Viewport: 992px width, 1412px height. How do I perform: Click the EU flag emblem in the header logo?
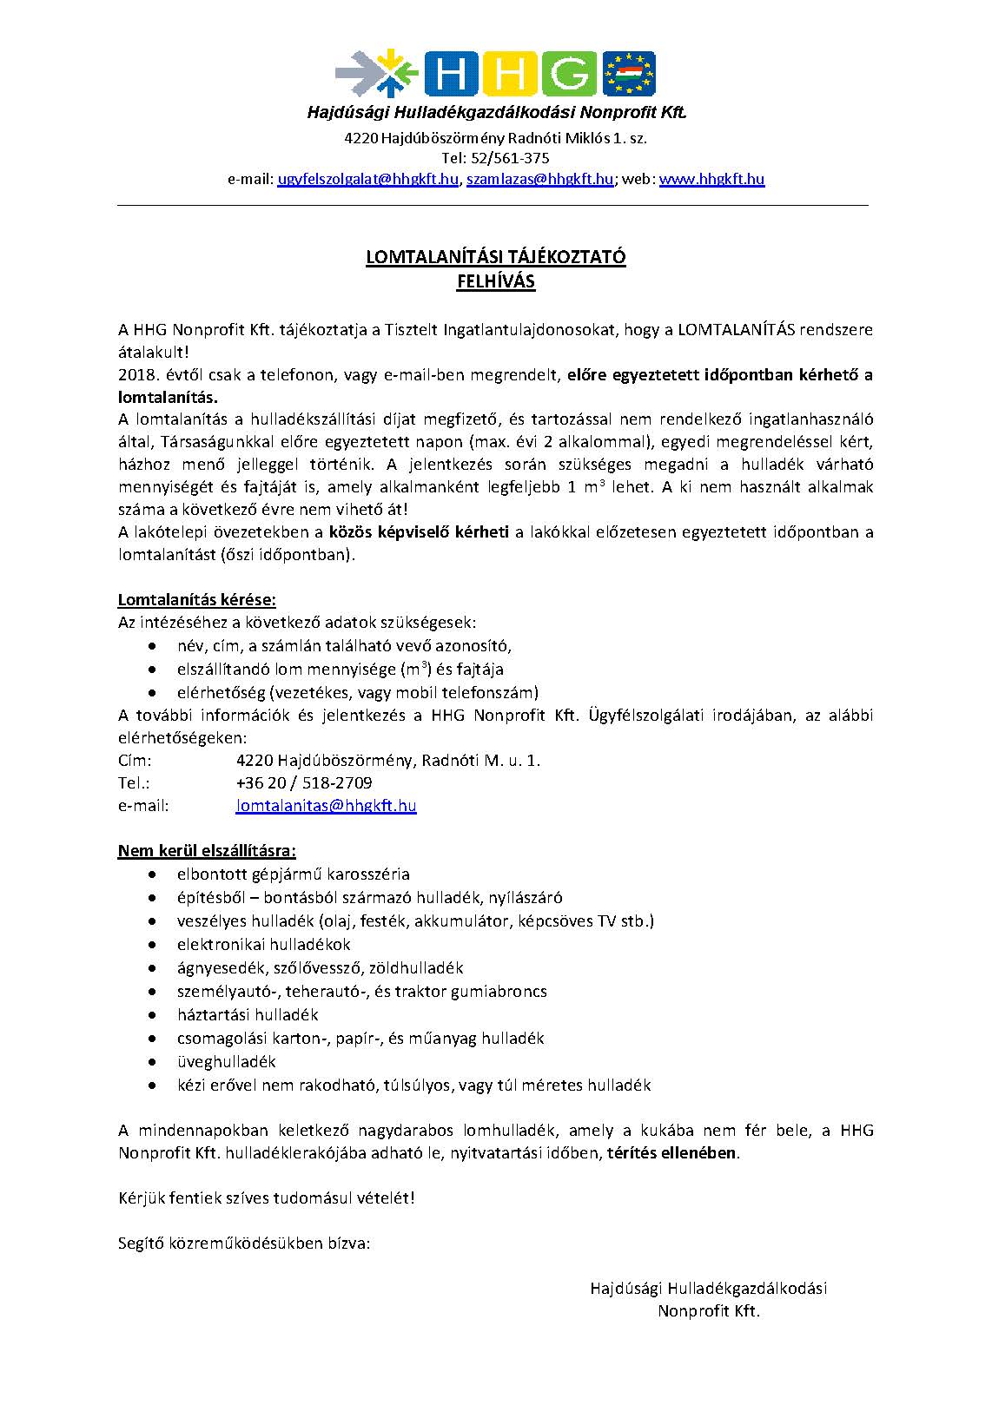(629, 74)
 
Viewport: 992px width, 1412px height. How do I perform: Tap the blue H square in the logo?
(452, 73)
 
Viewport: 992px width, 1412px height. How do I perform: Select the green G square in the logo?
(569, 73)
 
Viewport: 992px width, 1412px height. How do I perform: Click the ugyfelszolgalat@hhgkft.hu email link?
(367, 180)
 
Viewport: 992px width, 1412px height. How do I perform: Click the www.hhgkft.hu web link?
(711, 180)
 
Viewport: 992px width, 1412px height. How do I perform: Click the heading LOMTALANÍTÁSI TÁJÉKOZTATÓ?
(495, 258)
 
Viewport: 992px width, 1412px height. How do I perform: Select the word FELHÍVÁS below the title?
(496, 281)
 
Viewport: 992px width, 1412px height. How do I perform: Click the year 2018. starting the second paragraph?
(137, 375)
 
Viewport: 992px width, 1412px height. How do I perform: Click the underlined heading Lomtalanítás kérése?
(197, 599)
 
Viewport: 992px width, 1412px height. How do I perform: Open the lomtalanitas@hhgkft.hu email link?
(326, 806)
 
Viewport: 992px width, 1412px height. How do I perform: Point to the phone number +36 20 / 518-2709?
(304, 782)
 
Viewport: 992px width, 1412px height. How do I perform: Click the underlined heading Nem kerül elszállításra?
(207, 850)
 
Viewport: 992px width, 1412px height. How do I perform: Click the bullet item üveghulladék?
(226, 1061)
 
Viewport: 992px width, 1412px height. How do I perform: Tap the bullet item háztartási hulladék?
(248, 1014)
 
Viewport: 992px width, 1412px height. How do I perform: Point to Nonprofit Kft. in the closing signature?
(709, 1311)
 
